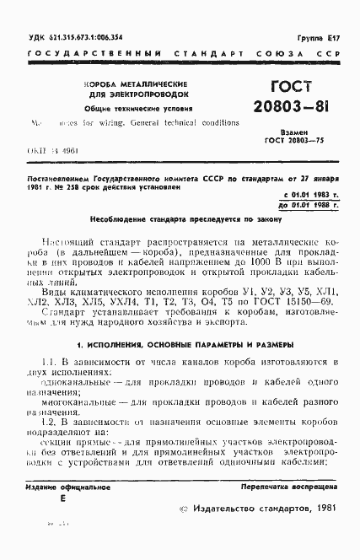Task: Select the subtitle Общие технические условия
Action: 132,108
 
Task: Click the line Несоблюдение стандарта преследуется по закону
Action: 180,218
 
